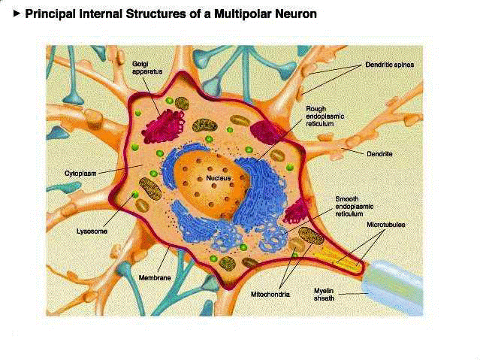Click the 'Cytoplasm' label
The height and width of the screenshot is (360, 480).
(x=78, y=174)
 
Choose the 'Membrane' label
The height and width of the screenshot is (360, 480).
(x=155, y=278)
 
